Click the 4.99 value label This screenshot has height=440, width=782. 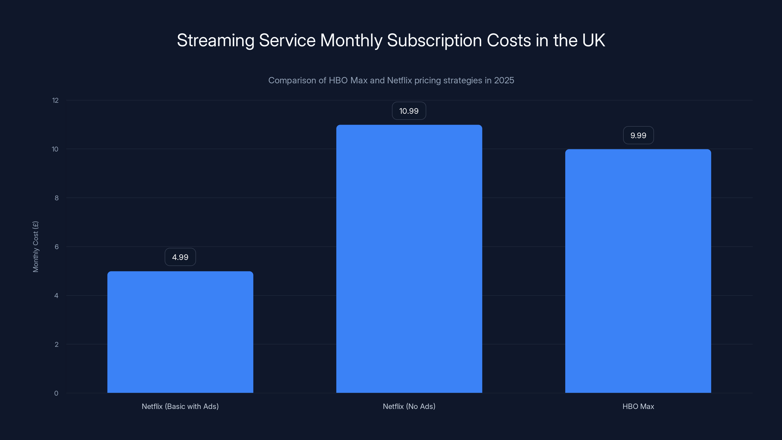click(x=180, y=257)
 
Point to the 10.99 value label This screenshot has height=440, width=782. click(x=409, y=111)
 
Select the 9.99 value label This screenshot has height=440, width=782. click(x=638, y=135)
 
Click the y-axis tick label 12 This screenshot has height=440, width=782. click(x=55, y=100)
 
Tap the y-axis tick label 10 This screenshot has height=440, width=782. click(x=55, y=149)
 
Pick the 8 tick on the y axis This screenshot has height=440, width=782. click(x=56, y=198)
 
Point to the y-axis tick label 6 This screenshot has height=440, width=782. click(x=56, y=247)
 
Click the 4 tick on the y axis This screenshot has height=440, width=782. click(x=56, y=296)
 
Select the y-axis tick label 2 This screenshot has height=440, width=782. click(x=56, y=344)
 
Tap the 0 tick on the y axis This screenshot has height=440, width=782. click(x=56, y=393)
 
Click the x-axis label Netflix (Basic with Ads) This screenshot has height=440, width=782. click(x=180, y=406)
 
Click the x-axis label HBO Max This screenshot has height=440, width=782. click(x=638, y=406)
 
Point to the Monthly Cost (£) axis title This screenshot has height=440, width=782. click(x=35, y=247)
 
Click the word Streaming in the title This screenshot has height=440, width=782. click(x=216, y=40)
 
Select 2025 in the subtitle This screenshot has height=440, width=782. click(x=504, y=80)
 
